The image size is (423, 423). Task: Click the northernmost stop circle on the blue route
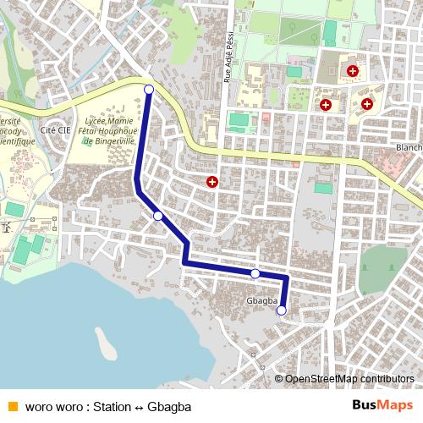(149, 89)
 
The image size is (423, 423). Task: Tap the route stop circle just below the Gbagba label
(282, 310)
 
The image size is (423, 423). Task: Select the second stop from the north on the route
(158, 216)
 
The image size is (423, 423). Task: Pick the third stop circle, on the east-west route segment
(255, 273)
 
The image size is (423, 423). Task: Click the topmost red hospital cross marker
(352, 70)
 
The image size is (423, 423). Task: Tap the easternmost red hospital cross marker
(366, 104)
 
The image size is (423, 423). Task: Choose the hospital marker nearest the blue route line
(212, 181)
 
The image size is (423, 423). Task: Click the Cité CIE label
(54, 131)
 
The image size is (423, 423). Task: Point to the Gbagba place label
(262, 301)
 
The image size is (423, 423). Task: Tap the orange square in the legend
(12, 404)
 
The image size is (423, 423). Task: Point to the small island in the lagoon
(105, 343)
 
